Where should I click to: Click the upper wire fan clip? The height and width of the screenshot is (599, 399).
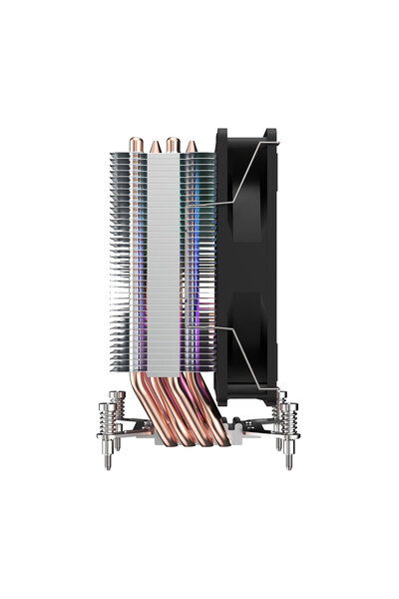[x=239, y=180]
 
